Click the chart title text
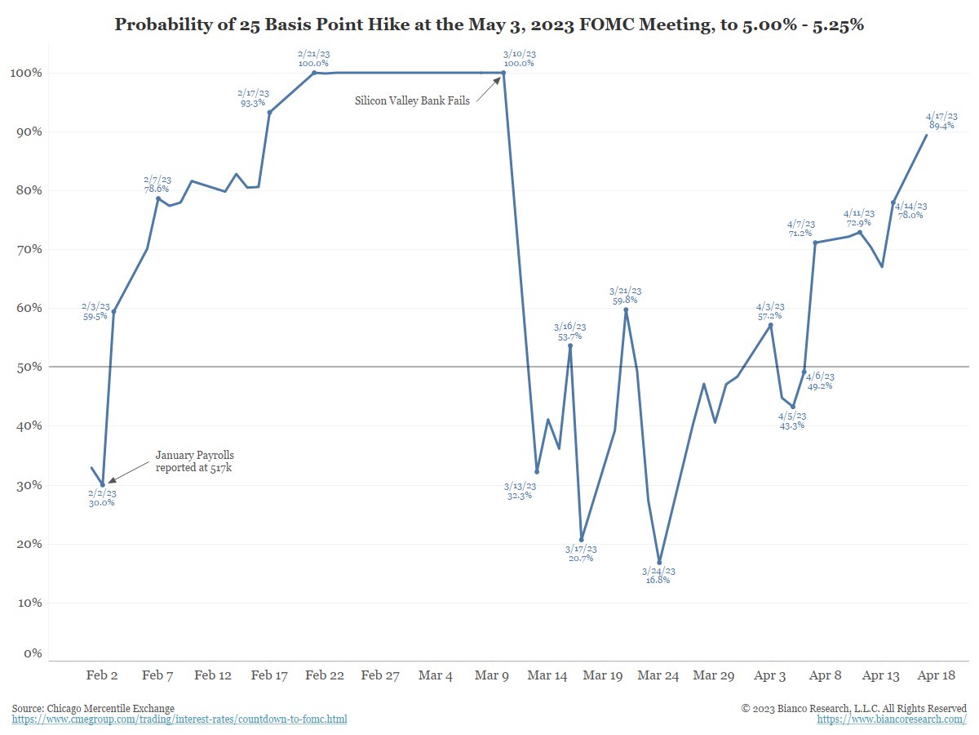[x=489, y=24]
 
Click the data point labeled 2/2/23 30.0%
[x=103, y=484]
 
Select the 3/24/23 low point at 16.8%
[x=659, y=562]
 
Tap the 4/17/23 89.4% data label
[x=941, y=122]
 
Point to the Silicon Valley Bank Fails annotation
[x=412, y=101]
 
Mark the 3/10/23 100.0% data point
[x=503, y=73]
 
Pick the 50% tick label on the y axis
[x=27, y=367]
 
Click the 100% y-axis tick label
[x=24, y=73]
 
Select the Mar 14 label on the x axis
[x=547, y=675]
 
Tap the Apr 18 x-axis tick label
[x=937, y=675]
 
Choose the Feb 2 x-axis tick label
[x=102, y=675]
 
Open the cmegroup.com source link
[x=179, y=719]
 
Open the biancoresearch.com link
[x=892, y=719]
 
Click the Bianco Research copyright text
[x=854, y=708]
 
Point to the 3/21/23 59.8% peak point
[x=626, y=310]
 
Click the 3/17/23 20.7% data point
[x=582, y=539]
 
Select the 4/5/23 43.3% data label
[x=792, y=420]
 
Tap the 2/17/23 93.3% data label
[x=252, y=98]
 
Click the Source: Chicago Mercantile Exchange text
[x=93, y=708]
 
